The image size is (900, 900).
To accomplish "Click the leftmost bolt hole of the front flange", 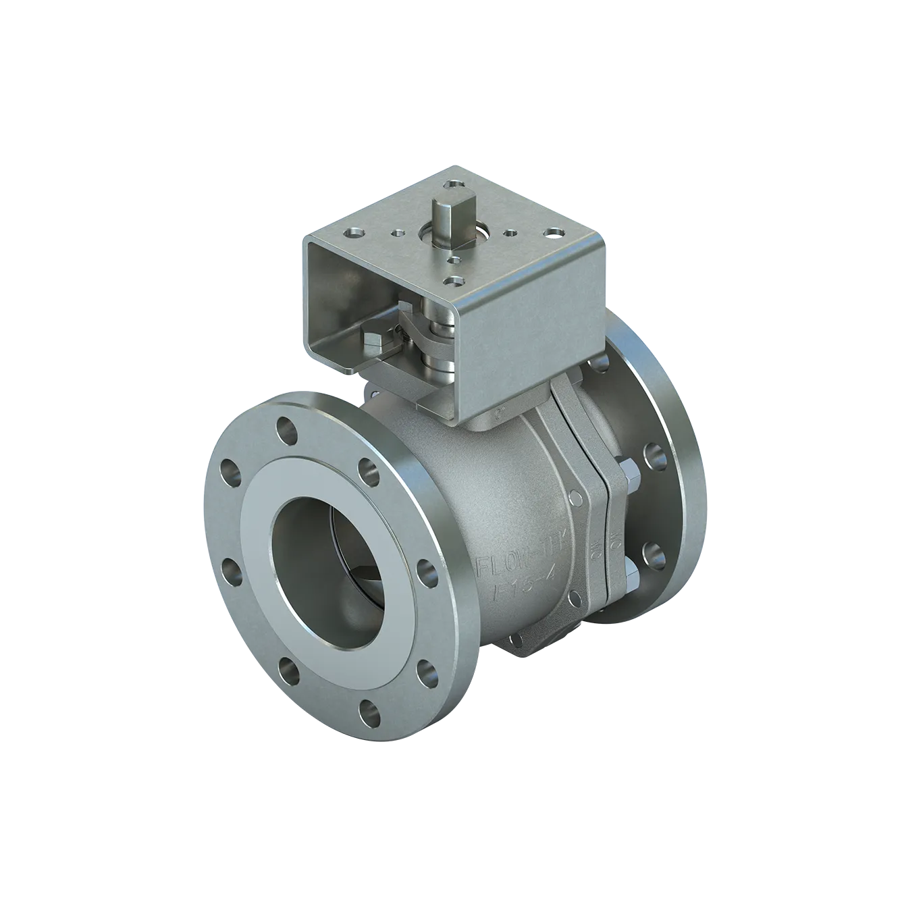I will pyautogui.click(x=228, y=471).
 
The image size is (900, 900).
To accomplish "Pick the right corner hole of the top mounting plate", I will pyautogui.click(x=554, y=234).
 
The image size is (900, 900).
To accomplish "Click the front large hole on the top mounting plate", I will pyautogui.click(x=452, y=280).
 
